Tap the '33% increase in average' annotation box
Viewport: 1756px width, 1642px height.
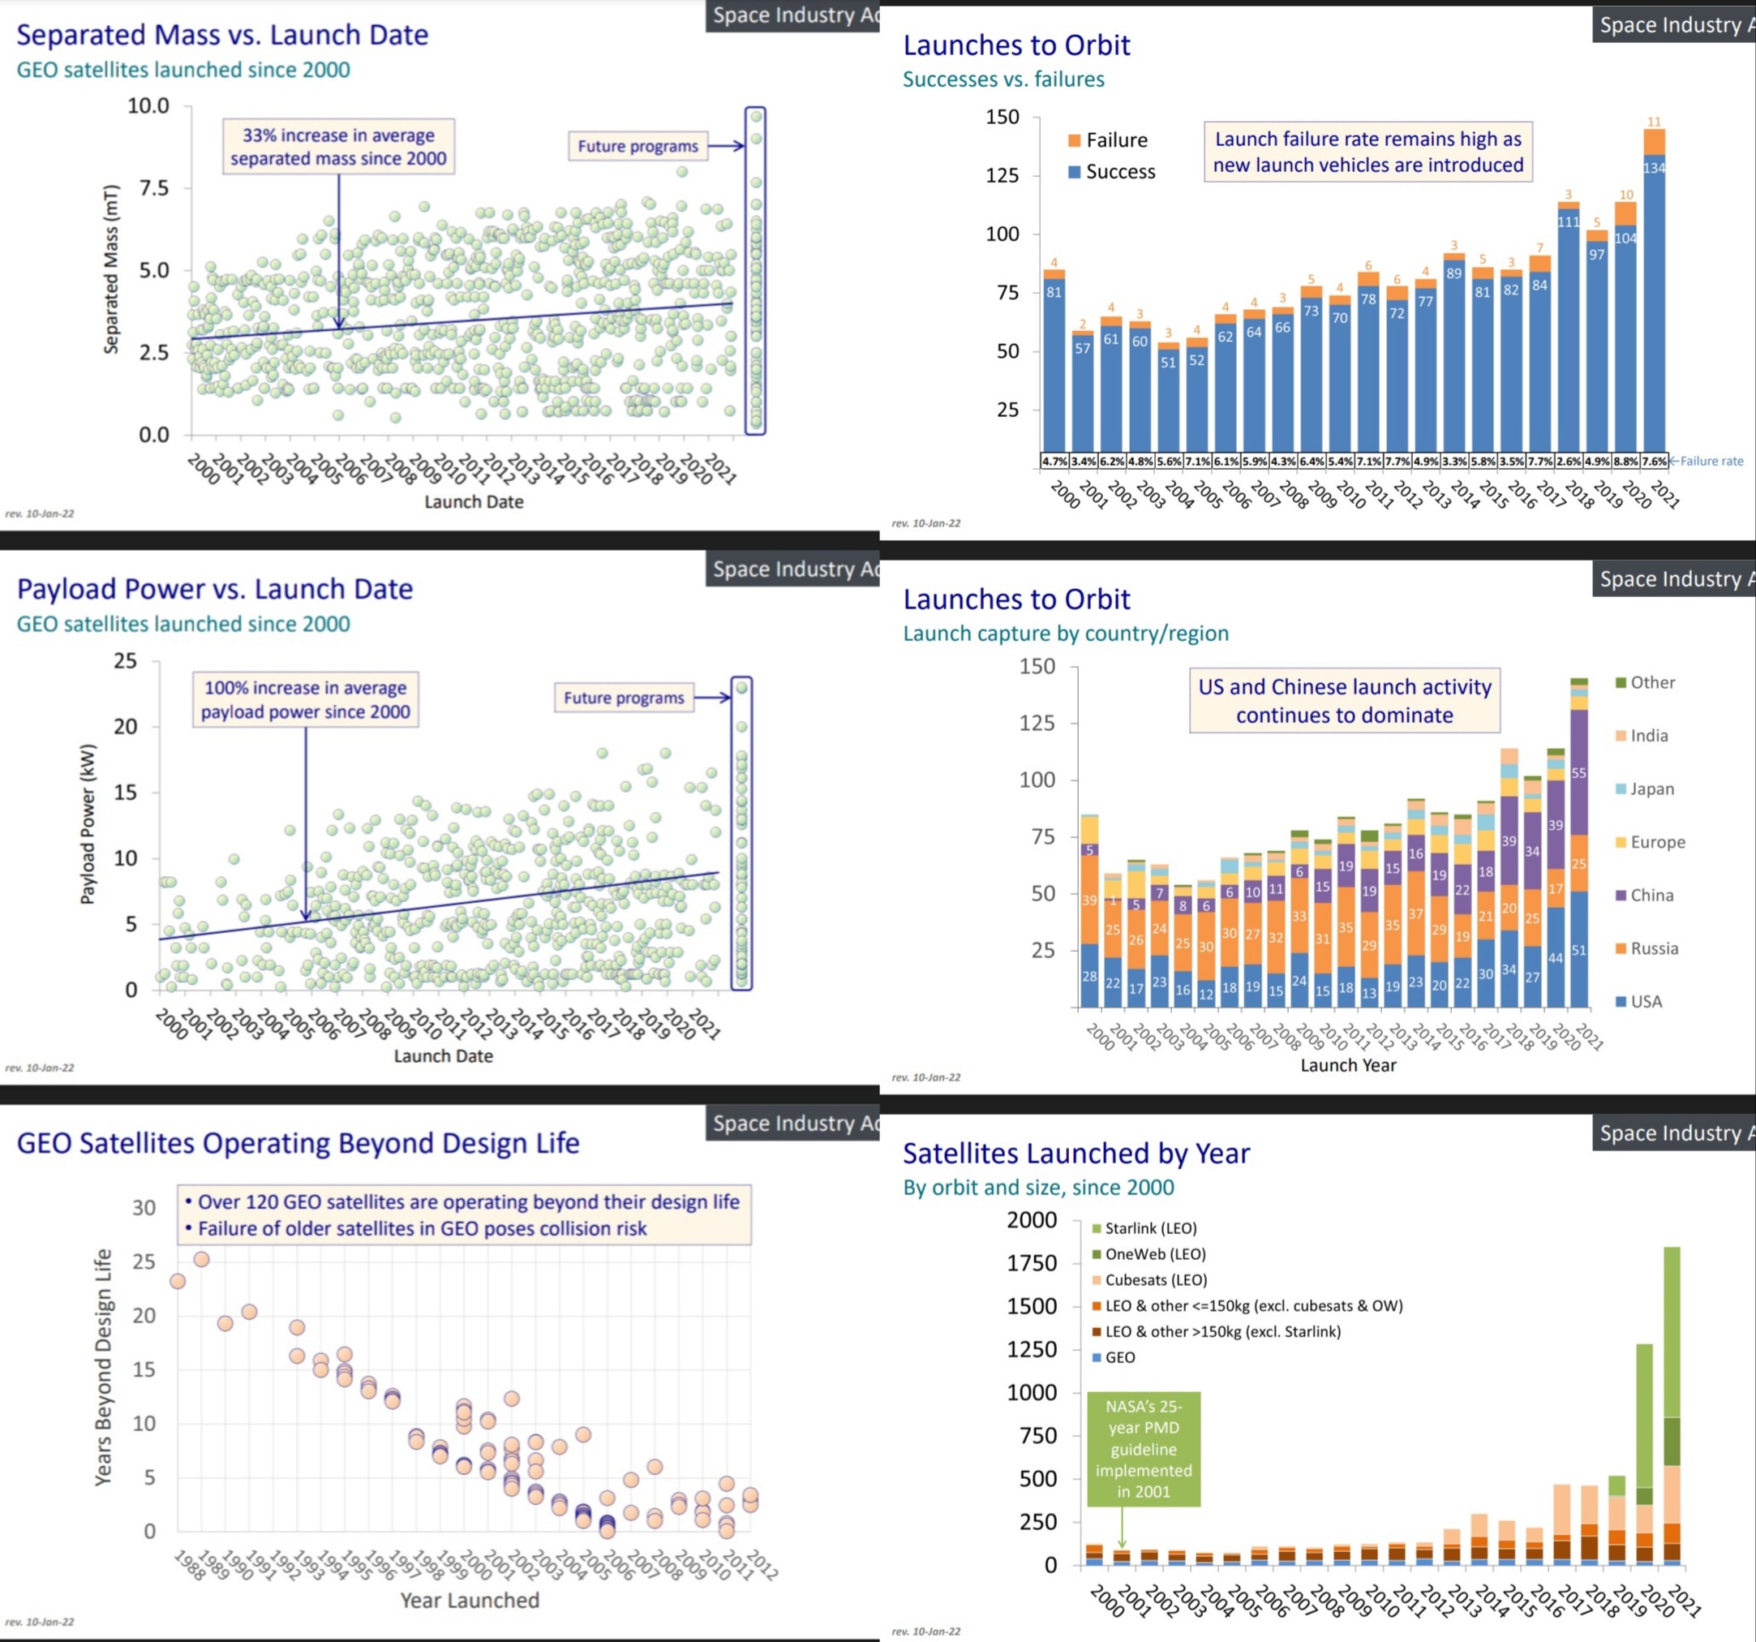pyautogui.click(x=338, y=147)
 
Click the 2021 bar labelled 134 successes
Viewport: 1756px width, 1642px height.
pyautogui.click(x=1654, y=300)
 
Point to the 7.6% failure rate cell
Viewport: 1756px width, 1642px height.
pyautogui.click(x=1654, y=461)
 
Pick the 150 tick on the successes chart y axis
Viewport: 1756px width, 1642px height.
pyautogui.click(x=1003, y=117)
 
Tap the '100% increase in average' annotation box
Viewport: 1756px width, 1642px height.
pyautogui.click(x=306, y=699)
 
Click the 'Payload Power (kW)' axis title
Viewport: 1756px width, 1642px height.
pyautogui.click(x=88, y=824)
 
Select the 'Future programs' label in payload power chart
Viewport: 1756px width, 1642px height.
pyautogui.click(x=624, y=698)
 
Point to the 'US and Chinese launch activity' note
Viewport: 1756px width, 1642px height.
pyautogui.click(x=1345, y=700)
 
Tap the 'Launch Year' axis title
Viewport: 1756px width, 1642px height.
pyautogui.click(x=1348, y=1065)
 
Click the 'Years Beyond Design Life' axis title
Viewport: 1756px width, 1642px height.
pyautogui.click(x=103, y=1366)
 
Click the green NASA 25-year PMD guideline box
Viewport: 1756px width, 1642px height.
pyautogui.click(x=1143, y=1449)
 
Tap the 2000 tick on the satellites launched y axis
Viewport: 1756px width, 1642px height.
pyautogui.click(x=1032, y=1220)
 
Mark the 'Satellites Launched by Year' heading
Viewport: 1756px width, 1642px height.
pyautogui.click(x=1075, y=1154)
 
